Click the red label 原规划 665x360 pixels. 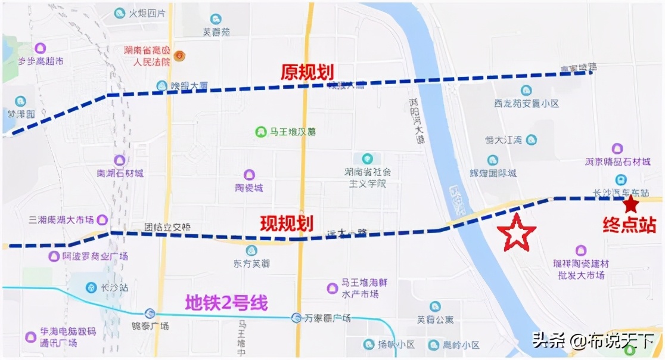pyautogui.click(x=307, y=72)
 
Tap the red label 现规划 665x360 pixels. pyautogui.click(x=287, y=224)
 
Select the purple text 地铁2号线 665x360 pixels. pyautogui.click(x=226, y=302)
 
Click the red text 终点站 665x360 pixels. pyautogui.click(x=629, y=225)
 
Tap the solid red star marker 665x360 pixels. pyautogui.click(x=631, y=205)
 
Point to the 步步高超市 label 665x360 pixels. pyautogui.click(x=41, y=61)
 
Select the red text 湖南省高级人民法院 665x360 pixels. pyautogui.click(x=147, y=56)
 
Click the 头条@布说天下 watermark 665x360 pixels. pyautogui.click(x=593, y=341)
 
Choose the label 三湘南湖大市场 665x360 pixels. pyautogui.click(x=61, y=219)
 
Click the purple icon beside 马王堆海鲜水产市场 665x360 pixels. pyautogui.click(x=332, y=288)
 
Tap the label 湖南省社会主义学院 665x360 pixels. pyautogui.click(x=368, y=178)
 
